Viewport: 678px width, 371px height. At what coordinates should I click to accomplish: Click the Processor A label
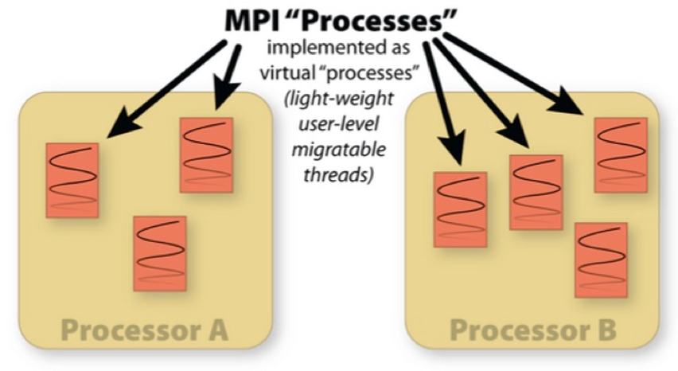point(144,330)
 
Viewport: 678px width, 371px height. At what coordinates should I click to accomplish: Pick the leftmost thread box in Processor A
point(72,180)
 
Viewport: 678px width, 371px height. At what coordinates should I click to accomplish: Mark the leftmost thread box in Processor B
point(459,209)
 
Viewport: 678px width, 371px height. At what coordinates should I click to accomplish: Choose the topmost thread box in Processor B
point(621,154)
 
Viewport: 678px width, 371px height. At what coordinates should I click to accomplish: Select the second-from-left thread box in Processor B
point(536,191)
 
